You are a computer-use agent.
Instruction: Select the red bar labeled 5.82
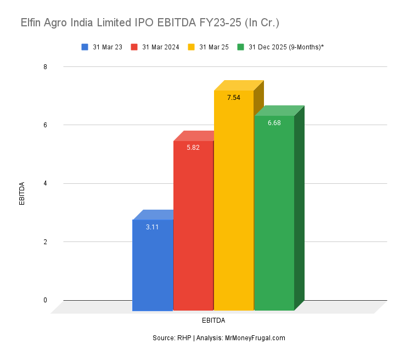pyautogui.click(x=193, y=225)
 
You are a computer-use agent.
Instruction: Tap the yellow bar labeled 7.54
pyautogui.click(x=234, y=200)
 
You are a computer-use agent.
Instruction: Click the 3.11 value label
pyautogui.click(x=153, y=227)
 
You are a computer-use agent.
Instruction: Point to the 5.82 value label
pyautogui.click(x=193, y=148)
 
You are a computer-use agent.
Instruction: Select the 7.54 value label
pyautogui.click(x=234, y=98)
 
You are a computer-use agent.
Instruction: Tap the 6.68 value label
pyautogui.click(x=274, y=123)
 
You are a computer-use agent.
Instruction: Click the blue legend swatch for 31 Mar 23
pyautogui.click(x=85, y=47)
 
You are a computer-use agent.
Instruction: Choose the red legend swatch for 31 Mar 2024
pyautogui.click(x=134, y=47)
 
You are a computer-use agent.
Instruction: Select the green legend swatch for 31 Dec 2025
pyautogui.click(x=240, y=47)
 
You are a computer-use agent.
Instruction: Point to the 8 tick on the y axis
pyautogui.click(x=46, y=67)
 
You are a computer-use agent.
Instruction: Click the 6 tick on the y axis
pyautogui.click(x=46, y=125)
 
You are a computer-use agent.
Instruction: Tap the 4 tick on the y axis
pyautogui.click(x=46, y=183)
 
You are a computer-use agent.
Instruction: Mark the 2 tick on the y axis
pyautogui.click(x=46, y=242)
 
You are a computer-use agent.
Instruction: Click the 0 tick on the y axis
pyautogui.click(x=46, y=300)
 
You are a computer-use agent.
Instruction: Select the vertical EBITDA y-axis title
pyautogui.click(x=22, y=193)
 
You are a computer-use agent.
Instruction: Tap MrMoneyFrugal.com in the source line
pyautogui.click(x=255, y=338)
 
